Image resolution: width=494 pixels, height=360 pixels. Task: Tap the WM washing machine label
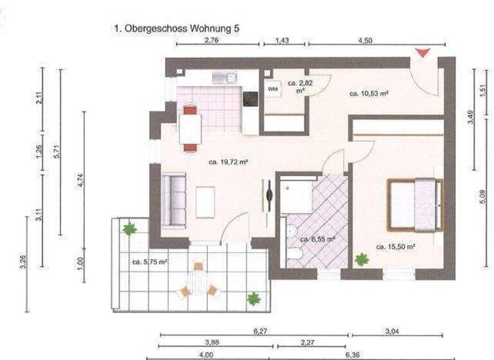pyautogui.click(x=273, y=89)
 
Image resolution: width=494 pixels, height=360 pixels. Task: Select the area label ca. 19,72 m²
pyautogui.click(x=228, y=162)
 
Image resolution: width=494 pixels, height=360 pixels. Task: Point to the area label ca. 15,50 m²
pyautogui.click(x=394, y=246)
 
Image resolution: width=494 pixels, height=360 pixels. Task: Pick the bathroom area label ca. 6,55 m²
pyautogui.click(x=318, y=239)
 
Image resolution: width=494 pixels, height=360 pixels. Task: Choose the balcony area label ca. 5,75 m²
pyautogui.click(x=150, y=262)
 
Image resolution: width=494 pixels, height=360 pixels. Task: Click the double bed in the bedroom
pyautogui.click(x=416, y=204)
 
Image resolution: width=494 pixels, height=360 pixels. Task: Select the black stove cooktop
pyautogui.click(x=250, y=99)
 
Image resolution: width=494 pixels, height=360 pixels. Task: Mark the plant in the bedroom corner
pyautogui.click(x=361, y=260)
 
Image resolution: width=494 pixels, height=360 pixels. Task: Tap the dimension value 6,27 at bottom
pyautogui.click(x=261, y=330)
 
